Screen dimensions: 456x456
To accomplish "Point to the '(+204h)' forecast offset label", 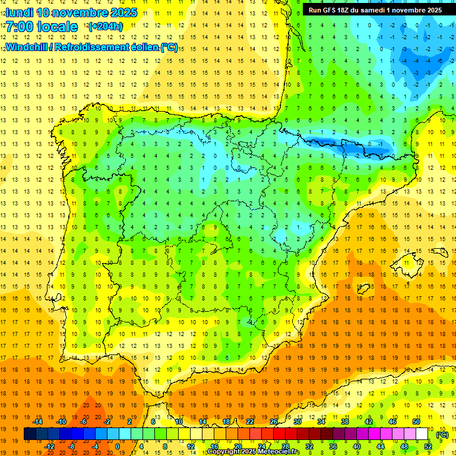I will pos(105,27).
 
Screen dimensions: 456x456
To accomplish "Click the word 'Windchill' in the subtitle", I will pos(27,47).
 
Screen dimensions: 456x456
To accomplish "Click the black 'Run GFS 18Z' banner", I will pos(375,10).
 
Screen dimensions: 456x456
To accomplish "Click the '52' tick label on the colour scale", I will pos(428,446).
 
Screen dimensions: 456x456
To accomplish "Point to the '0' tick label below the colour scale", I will pos(118,446).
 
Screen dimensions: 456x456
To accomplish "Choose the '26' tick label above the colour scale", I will pos(274,422).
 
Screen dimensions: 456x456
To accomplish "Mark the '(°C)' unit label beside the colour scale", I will pos(442,435).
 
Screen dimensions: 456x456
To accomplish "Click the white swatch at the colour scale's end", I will pos(422,434).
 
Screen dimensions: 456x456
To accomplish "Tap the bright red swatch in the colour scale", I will pos(280,434).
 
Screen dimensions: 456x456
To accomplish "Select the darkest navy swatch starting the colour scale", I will pos(30,434).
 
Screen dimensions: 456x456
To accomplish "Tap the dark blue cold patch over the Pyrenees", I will pos(347,144).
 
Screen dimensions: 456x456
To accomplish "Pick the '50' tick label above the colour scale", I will pos(416,422).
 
